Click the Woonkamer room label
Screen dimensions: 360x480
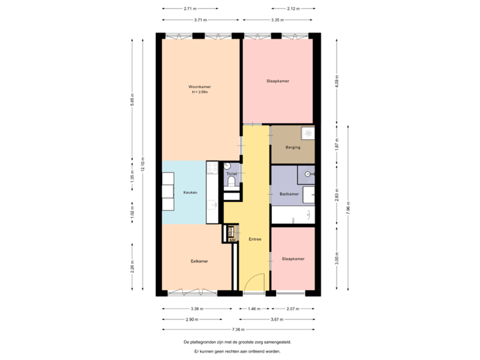(200, 87)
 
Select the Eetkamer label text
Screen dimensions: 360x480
(199, 261)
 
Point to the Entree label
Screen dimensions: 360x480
(255, 239)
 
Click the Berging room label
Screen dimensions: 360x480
(293, 147)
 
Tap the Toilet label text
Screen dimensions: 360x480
(231, 174)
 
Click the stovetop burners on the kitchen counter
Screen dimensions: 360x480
(212, 172)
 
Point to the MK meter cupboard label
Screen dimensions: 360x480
(231, 241)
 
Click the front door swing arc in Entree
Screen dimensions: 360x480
(251, 286)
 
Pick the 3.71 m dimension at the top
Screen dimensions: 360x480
(199, 21)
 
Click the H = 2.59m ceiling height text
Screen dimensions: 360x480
(200, 93)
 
